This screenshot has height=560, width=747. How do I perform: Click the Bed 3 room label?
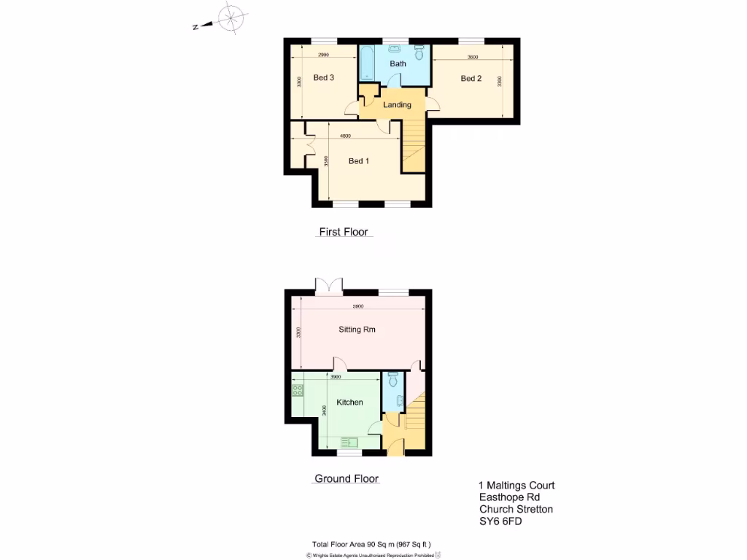[x=323, y=78]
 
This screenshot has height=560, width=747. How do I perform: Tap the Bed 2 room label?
[x=471, y=79]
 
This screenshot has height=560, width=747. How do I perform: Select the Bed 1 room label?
[x=357, y=161]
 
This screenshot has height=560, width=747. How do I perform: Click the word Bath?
[x=398, y=64]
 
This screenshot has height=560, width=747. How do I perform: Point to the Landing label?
[x=397, y=105]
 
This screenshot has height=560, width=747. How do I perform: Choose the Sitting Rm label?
[x=357, y=330]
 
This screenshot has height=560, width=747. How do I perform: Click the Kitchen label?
[x=349, y=402]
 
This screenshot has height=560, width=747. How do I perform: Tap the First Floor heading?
[x=344, y=233]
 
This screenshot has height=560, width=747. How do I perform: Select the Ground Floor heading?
[x=347, y=479]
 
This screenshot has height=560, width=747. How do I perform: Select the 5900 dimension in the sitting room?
[x=357, y=306]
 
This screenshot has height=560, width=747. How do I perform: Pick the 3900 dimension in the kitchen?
[x=336, y=378]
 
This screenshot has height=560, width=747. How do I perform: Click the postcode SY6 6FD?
[x=500, y=521]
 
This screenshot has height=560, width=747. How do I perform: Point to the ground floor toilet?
[x=393, y=381]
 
